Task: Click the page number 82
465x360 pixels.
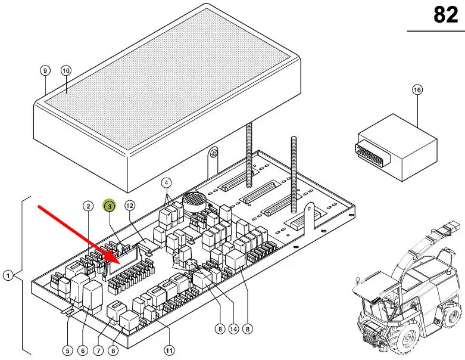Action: pyautogui.click(x=445, y=14)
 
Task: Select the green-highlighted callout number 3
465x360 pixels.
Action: pyautogui.click(x=110, y=206)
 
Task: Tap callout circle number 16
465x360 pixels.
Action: pyautogui.click(x=417, y=90)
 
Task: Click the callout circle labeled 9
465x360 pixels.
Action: pyautogui.click(x=45, y=70)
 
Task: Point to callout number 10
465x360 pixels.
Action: pyautogui.click(x=65, y=70)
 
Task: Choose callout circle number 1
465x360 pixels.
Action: pyautogui.click(x=8, y=275)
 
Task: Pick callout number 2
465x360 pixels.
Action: pyautogui.click(x=88, y=206)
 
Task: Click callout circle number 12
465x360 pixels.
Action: pyautogui.click(x=130, y=206)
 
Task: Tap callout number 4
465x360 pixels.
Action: pyautogui.click(x=167, y=182)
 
